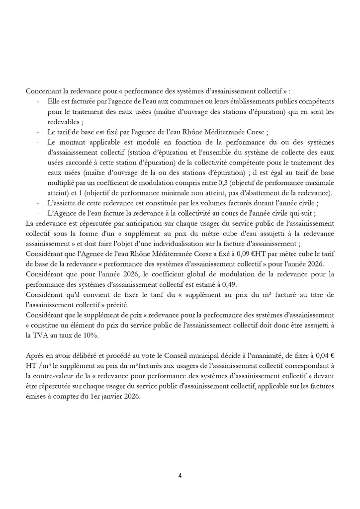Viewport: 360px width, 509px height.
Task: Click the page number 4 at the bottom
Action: pos(180,476)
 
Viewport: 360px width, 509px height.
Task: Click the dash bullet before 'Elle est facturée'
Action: pos(39,101)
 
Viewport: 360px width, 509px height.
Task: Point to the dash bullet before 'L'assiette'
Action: pos(39,203)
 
